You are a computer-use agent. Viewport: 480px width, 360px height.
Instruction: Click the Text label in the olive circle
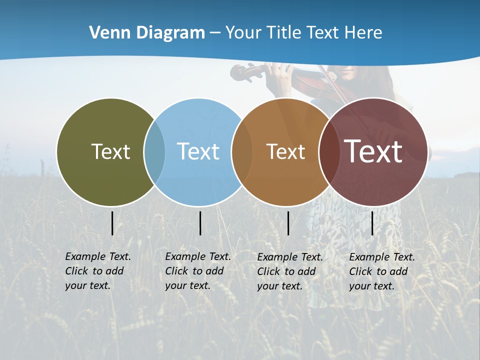click(x=110, y=151)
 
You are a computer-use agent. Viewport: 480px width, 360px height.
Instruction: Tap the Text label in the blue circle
click(x=198, y=151)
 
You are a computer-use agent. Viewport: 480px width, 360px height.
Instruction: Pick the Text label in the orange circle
click(x=285, y=151)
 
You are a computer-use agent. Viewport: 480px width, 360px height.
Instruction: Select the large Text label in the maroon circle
click(x=373, y=151)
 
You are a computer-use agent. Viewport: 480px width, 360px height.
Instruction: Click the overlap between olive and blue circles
click(x=154, y=151)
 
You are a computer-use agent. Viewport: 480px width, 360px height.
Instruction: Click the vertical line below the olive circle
click(x=112, y=223)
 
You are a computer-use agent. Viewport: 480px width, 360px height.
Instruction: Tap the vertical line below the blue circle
click(x=200, y=223)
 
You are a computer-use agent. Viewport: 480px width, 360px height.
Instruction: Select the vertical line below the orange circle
click(x=288, y=223)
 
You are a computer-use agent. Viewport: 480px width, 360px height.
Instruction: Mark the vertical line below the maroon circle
click(x=372, y=223)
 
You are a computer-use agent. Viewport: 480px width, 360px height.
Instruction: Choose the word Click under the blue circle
click(x=176, y=271)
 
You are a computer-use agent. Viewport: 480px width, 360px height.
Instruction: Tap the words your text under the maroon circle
click(x=372, y=286)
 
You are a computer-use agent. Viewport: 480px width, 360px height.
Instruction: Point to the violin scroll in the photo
click(x=239, y=72)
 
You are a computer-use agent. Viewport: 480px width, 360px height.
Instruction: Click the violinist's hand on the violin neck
click(x=283, y=75)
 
